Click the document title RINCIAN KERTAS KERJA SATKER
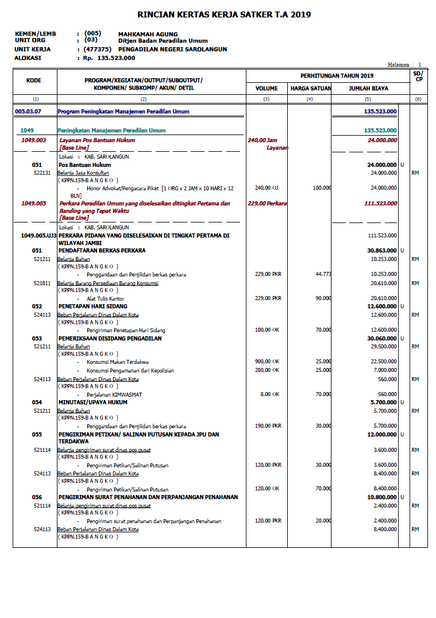pos(224,14)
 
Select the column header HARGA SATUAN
pos(310,89)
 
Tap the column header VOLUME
pos(267,89)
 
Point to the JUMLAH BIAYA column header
pos(368,89)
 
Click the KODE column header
pos(34,80)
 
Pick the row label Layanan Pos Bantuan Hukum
pos(97,140)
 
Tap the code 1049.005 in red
pos(33,203)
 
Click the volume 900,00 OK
pos(267,361)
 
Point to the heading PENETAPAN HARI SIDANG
pos(92,306)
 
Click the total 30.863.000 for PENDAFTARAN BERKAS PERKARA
pos(382,251)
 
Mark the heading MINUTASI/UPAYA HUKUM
pos(92,402)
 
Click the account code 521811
pos(41,283)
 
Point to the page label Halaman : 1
pos(404,65)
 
